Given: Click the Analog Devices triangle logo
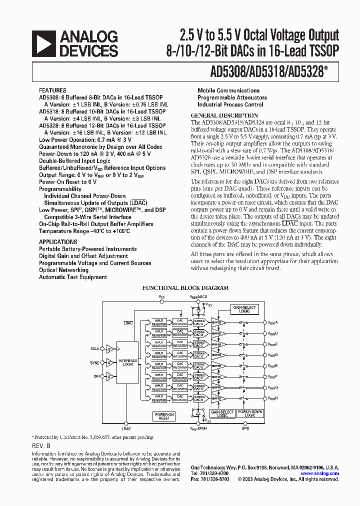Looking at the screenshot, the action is tap(43, 44).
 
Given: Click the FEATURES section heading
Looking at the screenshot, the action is tap(52, 90).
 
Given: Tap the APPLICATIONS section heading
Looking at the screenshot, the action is tap(58, 242).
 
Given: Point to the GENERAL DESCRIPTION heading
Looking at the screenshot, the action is tap(220, 115).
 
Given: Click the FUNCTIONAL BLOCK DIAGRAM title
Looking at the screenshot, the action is tap(185, 288).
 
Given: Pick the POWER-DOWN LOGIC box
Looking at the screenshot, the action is tap(250, 413).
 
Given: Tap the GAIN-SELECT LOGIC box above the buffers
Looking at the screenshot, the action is tap(244, 309).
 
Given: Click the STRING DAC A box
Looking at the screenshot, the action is tap(199, 322).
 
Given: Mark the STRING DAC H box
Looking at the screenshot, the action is tap(199, 398).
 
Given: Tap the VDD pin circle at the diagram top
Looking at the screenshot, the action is tap(161, 300).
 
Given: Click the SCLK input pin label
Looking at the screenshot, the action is tap(94, 349).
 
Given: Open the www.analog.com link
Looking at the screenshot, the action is tap(319, 473).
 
